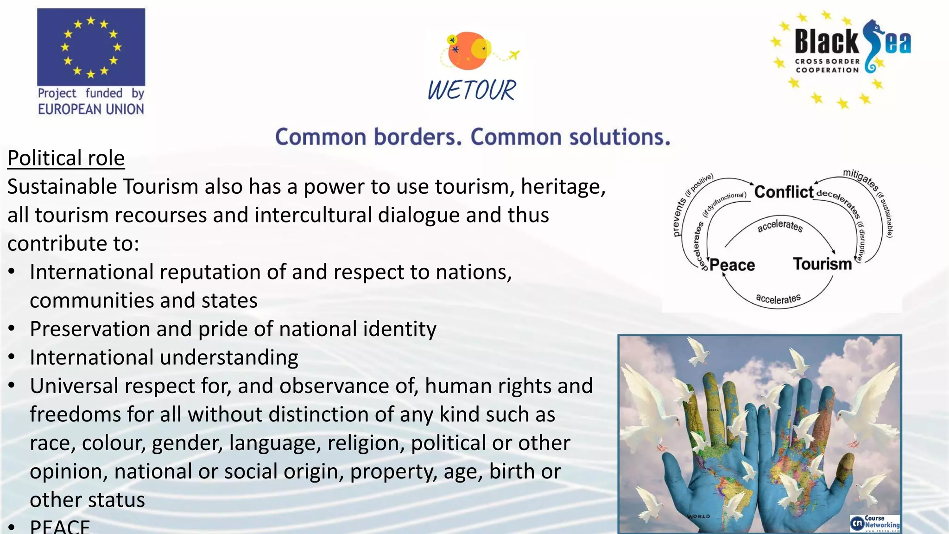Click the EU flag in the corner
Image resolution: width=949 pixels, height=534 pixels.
pyautogui.click(x=91, y=47)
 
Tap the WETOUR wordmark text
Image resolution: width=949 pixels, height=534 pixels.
pyautogui.click(x=471, y=90)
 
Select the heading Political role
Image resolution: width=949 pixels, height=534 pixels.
pyautogui.click(x=66, y=158)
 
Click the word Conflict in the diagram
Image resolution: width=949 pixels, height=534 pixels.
pyautogui.click(x=784, y=192)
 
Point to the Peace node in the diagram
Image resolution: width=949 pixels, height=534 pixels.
pyautogui.click(x=732, y=265)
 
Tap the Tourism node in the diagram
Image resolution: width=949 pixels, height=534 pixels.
pyautogui.click(x=822, y=264)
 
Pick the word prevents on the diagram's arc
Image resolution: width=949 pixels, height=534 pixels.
pyautogui.click(x=679, y=217)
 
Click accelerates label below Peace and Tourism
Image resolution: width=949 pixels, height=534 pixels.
pyautogui.click(x=778, y=299)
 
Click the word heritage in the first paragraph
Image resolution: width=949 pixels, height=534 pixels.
pyautogui.click(x=563, y=187)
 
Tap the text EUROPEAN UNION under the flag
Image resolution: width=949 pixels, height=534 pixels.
pyautogui.click(x=91, y=109)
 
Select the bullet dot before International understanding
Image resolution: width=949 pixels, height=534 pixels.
pyautogui.click(x=12, y=357)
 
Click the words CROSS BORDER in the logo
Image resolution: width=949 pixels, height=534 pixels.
pyautogui.click(x=827, y=61)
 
